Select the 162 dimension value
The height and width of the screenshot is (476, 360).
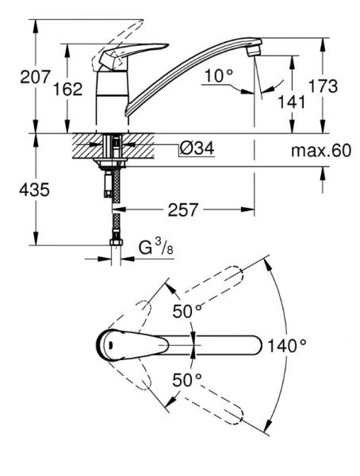click(x=68, y=90)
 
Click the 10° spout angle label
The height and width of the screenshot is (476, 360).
click(x=218, y=76)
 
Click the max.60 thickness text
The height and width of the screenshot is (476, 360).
click(x=319, y=151)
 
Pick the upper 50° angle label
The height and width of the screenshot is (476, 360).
click(x=188, y=311)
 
